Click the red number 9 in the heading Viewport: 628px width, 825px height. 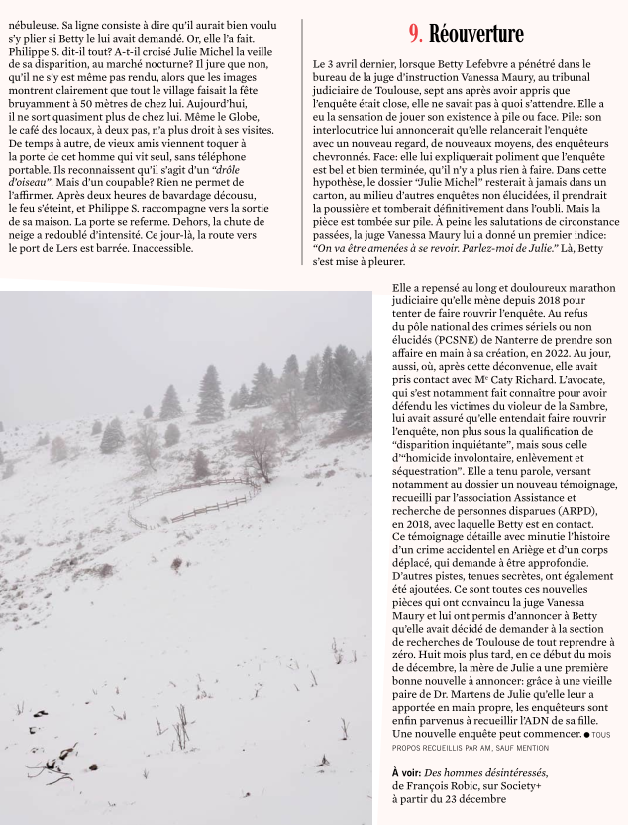pos(414,33)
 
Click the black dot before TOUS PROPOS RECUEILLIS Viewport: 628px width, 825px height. pos(586,734)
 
